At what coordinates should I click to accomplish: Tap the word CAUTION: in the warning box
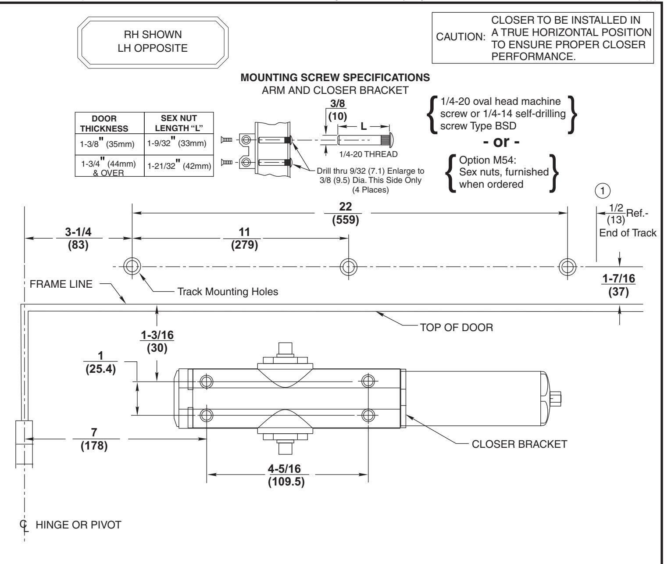[460, 37]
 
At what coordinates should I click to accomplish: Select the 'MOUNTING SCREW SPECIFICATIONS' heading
[335, 78]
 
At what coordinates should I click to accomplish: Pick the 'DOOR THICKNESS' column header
[104, 123]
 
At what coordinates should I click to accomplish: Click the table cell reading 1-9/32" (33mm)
[177, 142]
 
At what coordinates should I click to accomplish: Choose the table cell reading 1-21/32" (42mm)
[179, 165]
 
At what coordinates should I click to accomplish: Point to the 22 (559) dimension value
[346, 213]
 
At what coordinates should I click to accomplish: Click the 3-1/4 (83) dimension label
[78, 238]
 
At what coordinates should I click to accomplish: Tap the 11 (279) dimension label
[244, 238]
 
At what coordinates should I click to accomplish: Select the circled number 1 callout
[603, 191]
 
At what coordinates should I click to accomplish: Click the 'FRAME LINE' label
[61, 284]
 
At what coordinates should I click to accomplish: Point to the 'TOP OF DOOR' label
[457, 328]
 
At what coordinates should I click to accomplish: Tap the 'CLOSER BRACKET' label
[519, 444]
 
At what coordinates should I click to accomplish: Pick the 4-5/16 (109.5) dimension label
[286, 475]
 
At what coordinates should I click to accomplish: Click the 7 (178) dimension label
[94, 439]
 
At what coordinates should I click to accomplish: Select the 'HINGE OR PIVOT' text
[79, 525]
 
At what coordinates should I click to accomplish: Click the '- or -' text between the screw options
[501, 142]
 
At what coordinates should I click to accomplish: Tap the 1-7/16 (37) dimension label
[619, 285]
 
